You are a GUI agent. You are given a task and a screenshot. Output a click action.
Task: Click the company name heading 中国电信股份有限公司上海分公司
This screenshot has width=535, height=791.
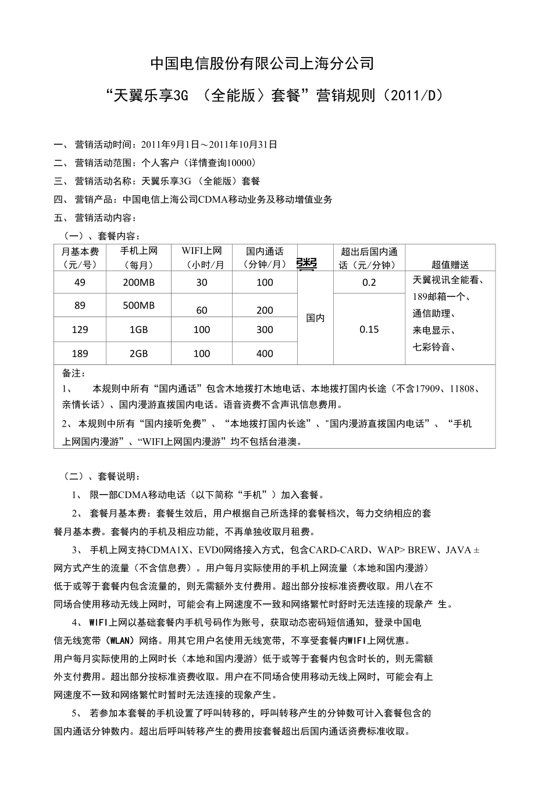point(262,63)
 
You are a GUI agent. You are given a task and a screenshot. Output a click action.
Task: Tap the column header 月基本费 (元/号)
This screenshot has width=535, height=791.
point(80,257)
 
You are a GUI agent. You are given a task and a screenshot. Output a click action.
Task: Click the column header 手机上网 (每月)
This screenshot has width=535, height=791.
point(138,257)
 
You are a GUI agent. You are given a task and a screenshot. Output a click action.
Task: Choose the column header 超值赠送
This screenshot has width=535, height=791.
point(450,264)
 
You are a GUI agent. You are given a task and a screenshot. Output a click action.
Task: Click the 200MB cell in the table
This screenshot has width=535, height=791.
point(138,282)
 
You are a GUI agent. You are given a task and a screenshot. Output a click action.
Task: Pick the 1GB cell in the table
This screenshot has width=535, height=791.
point(138,330)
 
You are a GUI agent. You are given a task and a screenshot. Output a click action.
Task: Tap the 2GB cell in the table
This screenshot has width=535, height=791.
point(138,353)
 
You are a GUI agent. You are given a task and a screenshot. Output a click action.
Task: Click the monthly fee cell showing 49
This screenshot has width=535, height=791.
point(80,282)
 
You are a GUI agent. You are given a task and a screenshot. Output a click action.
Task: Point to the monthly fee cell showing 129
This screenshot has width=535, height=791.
point(80,330)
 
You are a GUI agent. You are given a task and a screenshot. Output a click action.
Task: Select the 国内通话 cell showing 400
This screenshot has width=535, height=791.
point(265,353)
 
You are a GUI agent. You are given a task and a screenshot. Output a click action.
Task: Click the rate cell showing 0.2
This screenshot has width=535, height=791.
point(369,282)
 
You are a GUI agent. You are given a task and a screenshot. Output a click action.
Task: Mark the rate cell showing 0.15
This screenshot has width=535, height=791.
point(369,330)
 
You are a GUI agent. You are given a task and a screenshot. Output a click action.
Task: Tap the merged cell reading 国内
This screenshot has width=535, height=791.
point(315,318)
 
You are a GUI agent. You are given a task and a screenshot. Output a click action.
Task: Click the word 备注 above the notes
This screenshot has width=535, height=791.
point(73,373)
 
